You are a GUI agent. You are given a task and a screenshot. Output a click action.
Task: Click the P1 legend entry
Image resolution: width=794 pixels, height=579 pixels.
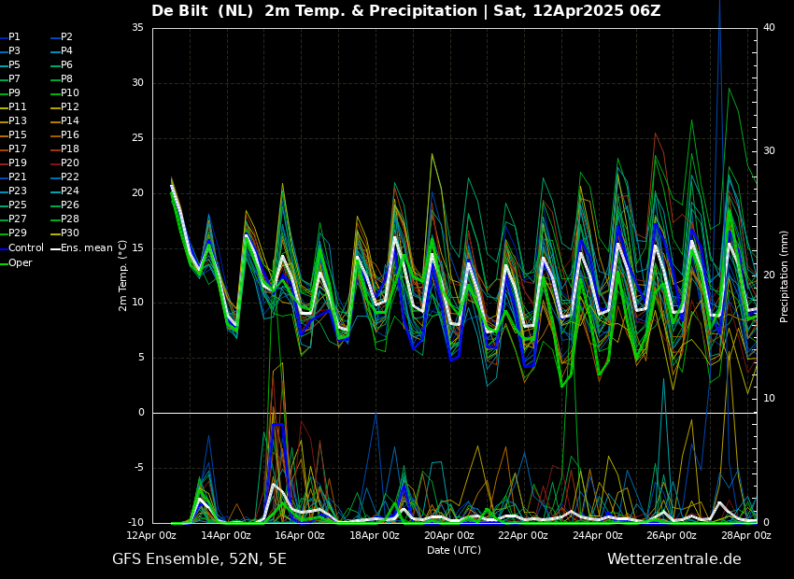pyautogui.click(x=10, y=37)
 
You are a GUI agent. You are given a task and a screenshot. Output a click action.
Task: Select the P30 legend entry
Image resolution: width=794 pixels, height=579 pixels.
pyautogui.click(x=64, y=233)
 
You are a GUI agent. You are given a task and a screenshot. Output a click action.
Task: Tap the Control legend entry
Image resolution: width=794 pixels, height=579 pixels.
pyautogui.click(x=21, y=247)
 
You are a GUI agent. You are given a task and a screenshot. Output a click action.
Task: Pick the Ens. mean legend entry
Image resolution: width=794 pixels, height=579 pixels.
pyautogui.click(x=81, y=247)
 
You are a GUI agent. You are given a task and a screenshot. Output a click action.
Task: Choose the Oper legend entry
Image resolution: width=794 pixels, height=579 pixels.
pyautogui.click(x=16, y=262)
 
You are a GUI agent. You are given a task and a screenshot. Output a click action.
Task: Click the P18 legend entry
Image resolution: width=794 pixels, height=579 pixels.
pyautogui.click(x=64, y=148)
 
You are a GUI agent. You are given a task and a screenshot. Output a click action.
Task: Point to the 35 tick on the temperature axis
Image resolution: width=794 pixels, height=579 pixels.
pyautogui.click(x=137, y=27)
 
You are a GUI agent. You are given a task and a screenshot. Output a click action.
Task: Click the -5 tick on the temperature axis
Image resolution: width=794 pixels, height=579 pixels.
pyautogui.click(x=137, y=467)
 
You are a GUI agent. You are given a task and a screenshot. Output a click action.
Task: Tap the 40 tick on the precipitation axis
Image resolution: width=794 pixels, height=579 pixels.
pyautogui.click(x=769, y=27)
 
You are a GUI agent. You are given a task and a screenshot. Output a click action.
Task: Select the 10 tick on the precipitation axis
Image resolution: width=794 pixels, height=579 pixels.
pyautogui.click(x=769, y=399)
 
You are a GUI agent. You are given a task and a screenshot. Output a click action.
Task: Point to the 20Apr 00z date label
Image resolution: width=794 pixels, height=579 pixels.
pyautogui.click(x=448, y=535)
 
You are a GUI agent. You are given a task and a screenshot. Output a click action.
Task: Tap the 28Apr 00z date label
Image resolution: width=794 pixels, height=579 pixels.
pyautogui.click(x=747, y=535)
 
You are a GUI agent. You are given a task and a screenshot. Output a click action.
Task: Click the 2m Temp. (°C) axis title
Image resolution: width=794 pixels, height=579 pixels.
pyautogui.click(x=123, y=275)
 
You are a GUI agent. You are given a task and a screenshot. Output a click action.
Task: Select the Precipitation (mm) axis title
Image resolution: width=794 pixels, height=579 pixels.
pyautogui.click(x=784, y=283)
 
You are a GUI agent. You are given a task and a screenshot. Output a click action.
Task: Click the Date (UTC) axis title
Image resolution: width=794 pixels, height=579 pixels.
pyautogui.click(x=454, y=550)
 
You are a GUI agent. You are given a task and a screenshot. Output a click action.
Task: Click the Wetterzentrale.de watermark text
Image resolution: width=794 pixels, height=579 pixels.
pyautogui.click(x=674, y=559)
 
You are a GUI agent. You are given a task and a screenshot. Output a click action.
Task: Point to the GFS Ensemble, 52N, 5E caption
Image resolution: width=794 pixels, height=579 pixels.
pyautogui.click(x=199, y=559)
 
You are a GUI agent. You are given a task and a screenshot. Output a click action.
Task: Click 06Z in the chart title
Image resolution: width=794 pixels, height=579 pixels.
pyautogui.click(x=645, y=10)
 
